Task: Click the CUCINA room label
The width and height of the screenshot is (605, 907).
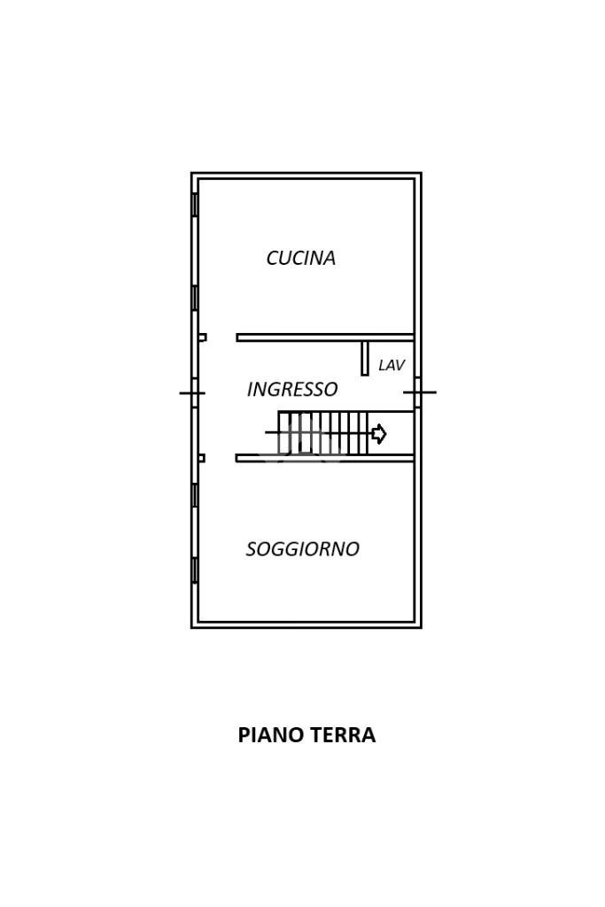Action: [301, 258]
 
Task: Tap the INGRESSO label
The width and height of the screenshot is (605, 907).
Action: [292, 389]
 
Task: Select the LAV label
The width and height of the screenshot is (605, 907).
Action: [391, 365]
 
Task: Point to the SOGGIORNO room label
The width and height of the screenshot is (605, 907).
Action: [302, 549]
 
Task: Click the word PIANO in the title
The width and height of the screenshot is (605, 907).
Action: [269, 735]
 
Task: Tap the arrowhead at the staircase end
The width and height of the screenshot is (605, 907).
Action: [379, 434]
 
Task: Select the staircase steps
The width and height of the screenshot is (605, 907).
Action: [322, 433]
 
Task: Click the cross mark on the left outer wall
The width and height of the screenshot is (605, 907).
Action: [192, 392]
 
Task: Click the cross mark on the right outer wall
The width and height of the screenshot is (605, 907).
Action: [419, 391]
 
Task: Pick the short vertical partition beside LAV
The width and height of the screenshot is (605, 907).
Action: [364, 357]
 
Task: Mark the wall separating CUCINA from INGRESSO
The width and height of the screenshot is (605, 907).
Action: [324, 337]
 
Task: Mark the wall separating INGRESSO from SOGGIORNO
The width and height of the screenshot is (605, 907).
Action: [324, 458]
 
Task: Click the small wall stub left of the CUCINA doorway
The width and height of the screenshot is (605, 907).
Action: [202, 337]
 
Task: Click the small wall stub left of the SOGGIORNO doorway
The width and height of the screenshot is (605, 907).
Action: [201, 458]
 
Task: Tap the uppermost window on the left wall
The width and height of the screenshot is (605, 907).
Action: [195, 205]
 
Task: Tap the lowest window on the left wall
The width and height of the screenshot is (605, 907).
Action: [195, 570]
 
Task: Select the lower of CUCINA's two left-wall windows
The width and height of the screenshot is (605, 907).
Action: [195, 298]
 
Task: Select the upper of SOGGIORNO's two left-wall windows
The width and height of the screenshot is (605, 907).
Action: [195, 495]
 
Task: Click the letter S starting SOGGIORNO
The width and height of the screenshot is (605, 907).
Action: [251, 549]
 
